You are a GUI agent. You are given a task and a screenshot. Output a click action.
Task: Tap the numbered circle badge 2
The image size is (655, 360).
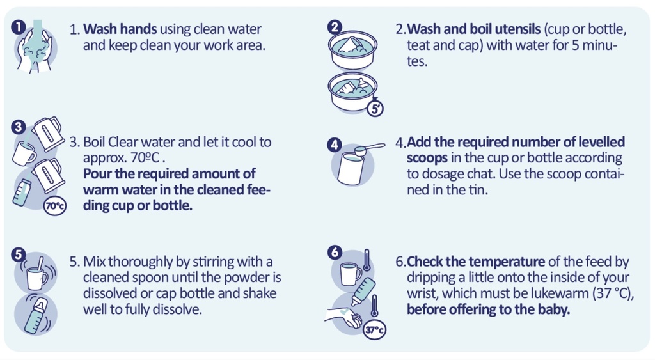tap(335, 27)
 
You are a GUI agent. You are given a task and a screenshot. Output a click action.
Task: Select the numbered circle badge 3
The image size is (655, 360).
tap(18, 127)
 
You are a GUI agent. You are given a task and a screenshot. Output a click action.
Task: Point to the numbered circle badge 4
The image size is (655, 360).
tap(334, 145)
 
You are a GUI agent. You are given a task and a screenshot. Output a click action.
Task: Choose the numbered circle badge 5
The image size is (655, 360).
tap(18, 254)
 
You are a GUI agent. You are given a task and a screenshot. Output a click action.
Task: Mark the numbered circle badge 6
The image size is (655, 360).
tap(335, 252)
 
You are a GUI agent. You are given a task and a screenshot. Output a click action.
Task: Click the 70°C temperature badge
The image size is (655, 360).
tap(55, 206)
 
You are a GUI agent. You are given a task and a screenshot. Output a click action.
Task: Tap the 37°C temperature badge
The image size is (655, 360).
tap(374, 329)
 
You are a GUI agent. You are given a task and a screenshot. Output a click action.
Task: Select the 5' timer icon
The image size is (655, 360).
tap(375, 109)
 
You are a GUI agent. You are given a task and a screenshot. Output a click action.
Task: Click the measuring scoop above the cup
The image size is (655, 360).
tap(369, 148)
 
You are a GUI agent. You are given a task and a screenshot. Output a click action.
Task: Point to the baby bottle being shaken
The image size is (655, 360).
tap(36, 315)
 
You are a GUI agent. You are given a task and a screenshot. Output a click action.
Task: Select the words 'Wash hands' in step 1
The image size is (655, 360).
tap(120, 29)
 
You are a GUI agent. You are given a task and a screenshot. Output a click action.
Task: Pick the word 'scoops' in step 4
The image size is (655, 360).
tap(427, 159)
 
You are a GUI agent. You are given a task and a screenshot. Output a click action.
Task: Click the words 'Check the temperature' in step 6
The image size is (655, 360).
tap(475, 262)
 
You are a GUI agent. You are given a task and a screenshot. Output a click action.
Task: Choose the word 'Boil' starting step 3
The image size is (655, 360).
tap(95, 142)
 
